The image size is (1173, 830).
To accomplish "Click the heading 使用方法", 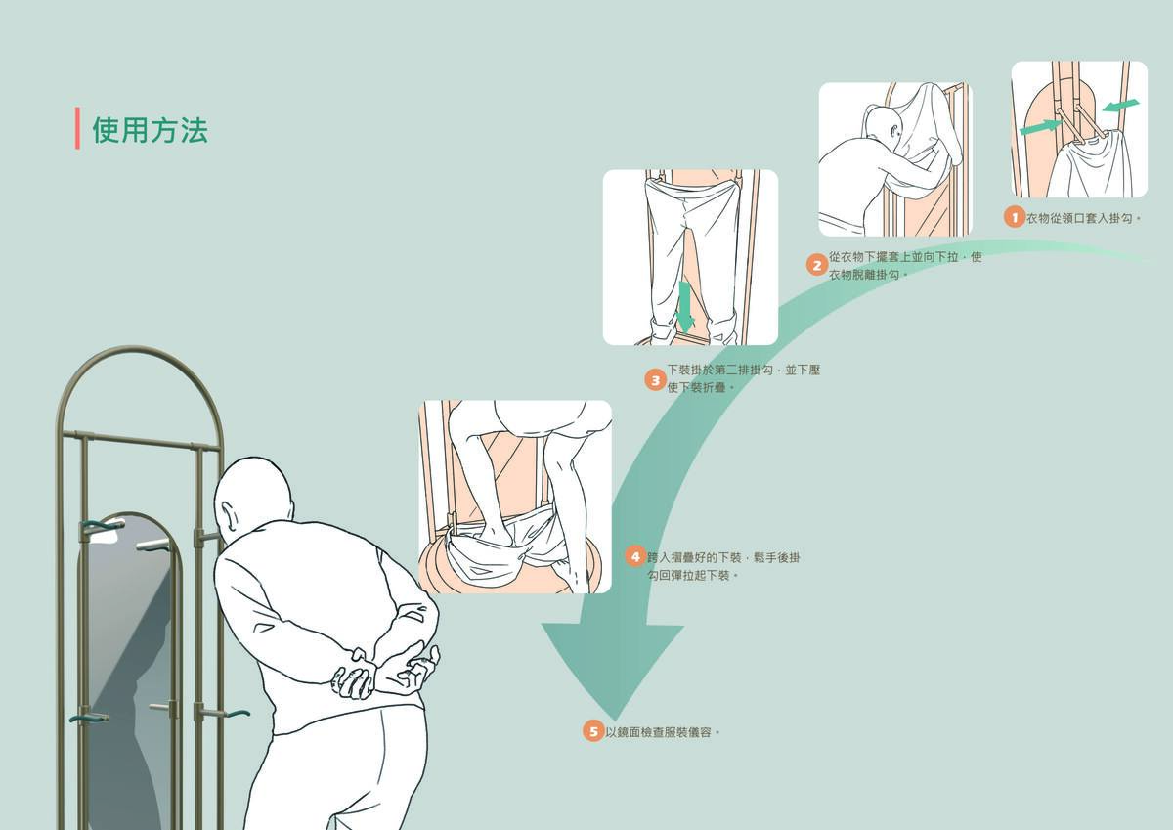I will click(x=150, y=130).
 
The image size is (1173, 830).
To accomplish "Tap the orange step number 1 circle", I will click(x=1015, y=217).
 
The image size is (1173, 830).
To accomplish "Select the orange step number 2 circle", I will click(x=817, y=265).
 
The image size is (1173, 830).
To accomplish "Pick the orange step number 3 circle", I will click(x=655, y=379).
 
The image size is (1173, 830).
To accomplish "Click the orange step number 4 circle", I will click(x=635, y=557).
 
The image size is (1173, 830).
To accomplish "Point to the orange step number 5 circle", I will click(x=593, y=730).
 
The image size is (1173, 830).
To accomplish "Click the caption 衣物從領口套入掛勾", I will click(x=1083, y=218).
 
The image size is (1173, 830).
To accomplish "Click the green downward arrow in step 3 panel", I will click(x=685, y=306).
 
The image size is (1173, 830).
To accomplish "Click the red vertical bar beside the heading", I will click(x=77, y=128).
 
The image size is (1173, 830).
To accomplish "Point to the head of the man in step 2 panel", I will click(x=883, y=127).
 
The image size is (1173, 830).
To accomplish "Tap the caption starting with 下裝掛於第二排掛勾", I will click(x=743, y=378).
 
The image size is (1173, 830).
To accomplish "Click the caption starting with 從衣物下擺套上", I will click(x=904, y=265).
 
